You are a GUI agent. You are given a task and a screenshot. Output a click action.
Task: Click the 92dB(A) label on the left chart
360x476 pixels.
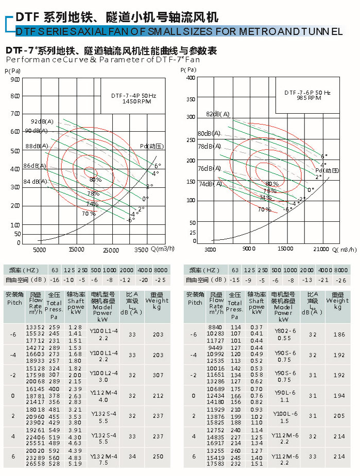[x=42, y=121]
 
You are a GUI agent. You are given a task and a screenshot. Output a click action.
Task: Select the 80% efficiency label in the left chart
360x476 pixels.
[x=95, y=180]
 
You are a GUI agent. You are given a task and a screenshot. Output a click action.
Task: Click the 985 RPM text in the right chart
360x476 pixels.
[x=307, y=98]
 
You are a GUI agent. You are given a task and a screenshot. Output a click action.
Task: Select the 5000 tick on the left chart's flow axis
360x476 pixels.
[x=40, y=250]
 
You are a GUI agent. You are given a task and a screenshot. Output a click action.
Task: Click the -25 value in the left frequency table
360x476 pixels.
[x=161, y=279]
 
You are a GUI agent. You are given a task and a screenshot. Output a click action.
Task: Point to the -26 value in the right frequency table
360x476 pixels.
[x=340, y=279]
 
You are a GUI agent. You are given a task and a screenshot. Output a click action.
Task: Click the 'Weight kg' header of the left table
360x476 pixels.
[x=157, y=304]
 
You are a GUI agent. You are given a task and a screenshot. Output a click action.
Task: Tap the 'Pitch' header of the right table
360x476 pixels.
[x=195, y=303]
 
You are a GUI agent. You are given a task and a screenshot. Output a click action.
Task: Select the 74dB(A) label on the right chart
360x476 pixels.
[x=210, y=184]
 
